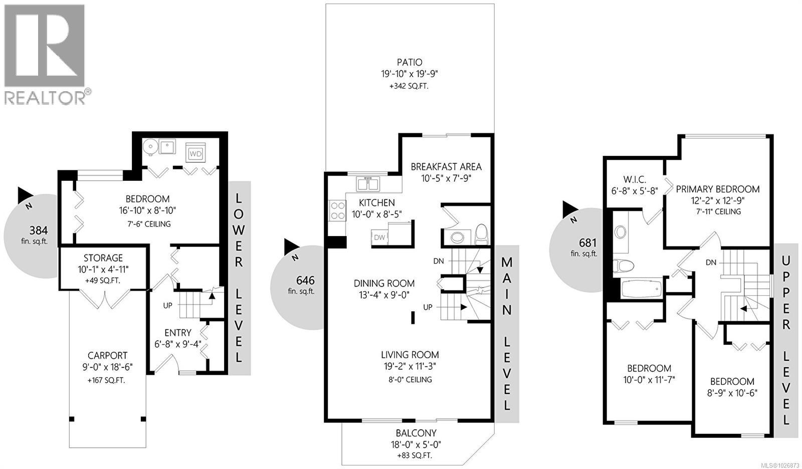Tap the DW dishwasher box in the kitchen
click(x=379, y=237)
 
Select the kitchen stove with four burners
click(x=337, y=210)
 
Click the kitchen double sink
click(x=368, y=183)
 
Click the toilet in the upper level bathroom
click(x=623, y=265)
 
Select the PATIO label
click(x=410, y=63)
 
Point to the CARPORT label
click(x=107, y=356)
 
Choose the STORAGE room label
click(x=103, y=258)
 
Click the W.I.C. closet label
click(x=635, y=179)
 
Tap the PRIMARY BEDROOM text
click(x=717, y=189)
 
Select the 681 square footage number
click(x=587, y=243)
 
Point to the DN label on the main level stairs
click(x=439, y=261)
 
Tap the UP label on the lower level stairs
click(x=167, y=305)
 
